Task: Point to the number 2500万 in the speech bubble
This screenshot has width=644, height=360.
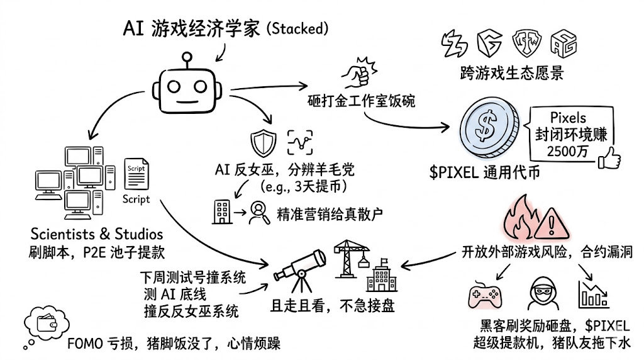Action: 567,151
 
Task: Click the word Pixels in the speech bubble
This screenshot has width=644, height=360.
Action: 568,118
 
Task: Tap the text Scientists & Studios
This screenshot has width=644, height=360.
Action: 96,235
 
